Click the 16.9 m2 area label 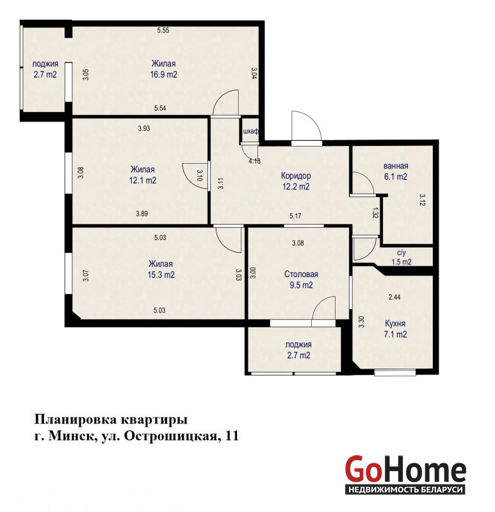163,74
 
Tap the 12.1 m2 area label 143,180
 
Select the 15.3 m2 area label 161,275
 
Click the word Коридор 296,175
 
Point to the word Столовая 301,275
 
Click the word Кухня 395,324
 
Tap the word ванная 396,166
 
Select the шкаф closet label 250,131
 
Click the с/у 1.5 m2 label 402,257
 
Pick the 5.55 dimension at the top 163,30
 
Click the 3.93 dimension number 144,129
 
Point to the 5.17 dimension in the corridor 295,216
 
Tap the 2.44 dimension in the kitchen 394,297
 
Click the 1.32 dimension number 375,213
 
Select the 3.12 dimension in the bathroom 422,200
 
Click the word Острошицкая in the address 171,436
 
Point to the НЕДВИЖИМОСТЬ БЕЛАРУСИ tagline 406,490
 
